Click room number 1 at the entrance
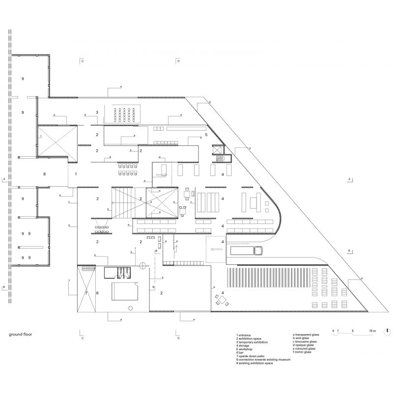(x=76, y=174)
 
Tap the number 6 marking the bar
(x=97, y=293)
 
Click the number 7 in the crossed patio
(x=85, y=293)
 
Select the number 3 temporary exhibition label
(x=97, y=112)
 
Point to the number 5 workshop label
(x=206, y=134)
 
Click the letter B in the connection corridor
(x=44, y=174)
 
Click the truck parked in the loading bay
(x=246, y=251)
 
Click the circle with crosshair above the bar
(x=142, y=266)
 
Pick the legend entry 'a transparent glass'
(x=306, y=335)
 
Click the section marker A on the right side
(x=349, y=180)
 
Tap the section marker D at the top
(x=178, y=61)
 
